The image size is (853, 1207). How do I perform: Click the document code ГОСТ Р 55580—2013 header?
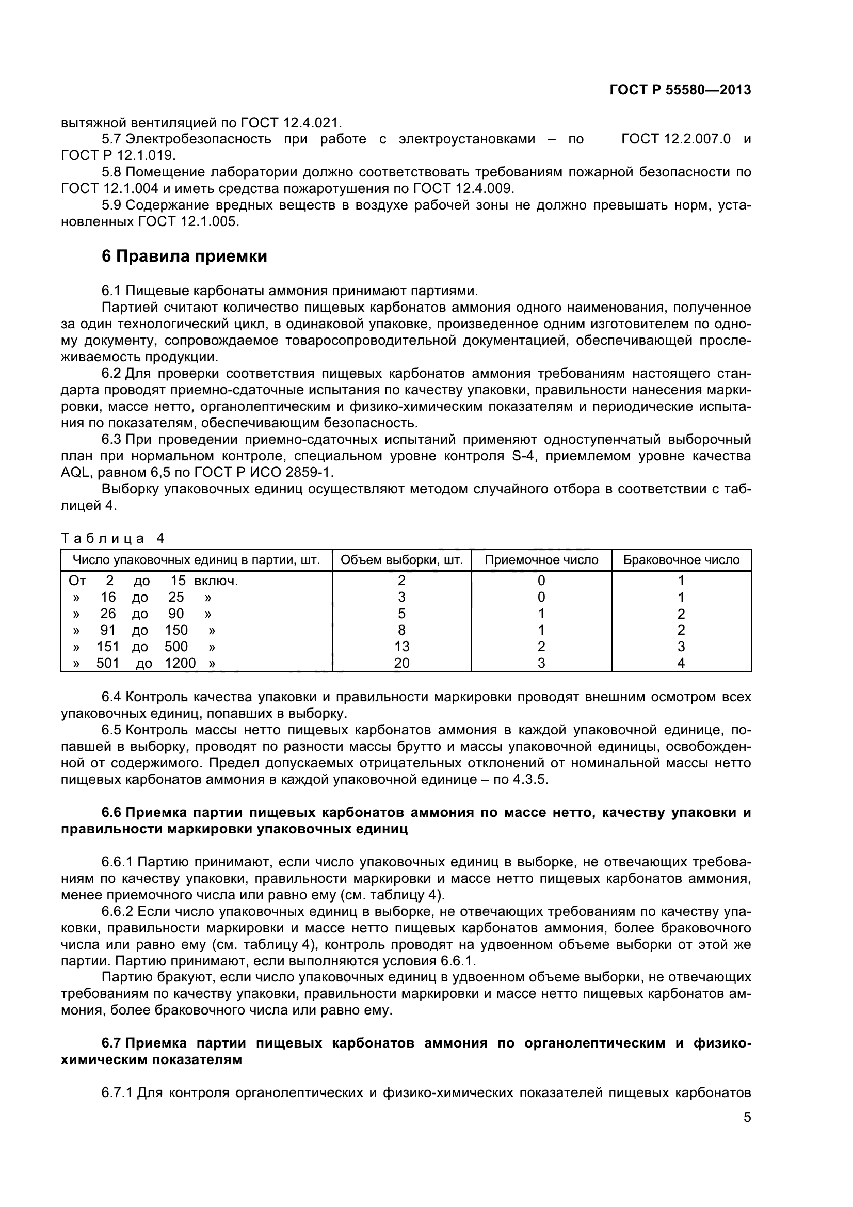coord(680,90)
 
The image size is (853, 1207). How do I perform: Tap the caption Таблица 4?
coord(112,538)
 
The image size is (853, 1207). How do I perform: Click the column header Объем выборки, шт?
coord(401,560)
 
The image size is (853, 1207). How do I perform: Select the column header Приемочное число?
coord(541,560)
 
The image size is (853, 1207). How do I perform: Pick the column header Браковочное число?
coord(681,560)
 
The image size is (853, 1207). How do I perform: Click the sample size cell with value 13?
coord(401,647)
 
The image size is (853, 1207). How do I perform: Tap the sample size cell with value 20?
coord(401,664)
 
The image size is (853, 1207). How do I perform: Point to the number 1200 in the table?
coord(180,664)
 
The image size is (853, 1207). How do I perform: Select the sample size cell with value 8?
coord(401,630)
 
